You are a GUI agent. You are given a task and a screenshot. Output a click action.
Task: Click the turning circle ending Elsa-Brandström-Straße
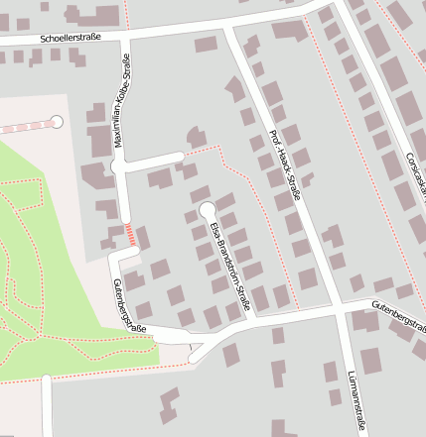point(207,210)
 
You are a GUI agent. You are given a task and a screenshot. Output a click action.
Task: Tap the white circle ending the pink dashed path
point(57,122)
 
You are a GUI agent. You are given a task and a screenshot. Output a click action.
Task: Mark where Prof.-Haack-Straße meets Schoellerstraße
point(227,29)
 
